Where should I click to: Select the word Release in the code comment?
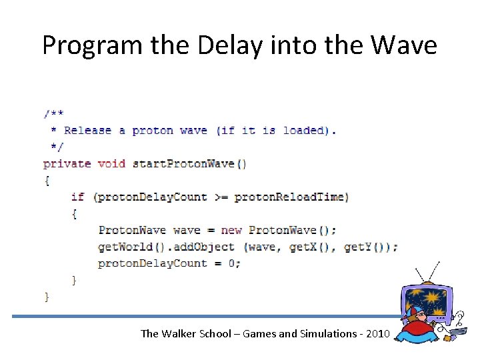87,130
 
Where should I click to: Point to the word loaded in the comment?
307,130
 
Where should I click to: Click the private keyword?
67,163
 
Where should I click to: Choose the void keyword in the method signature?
111,163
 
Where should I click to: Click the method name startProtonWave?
184,163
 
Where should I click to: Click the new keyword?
231,230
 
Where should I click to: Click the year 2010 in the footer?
375,333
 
